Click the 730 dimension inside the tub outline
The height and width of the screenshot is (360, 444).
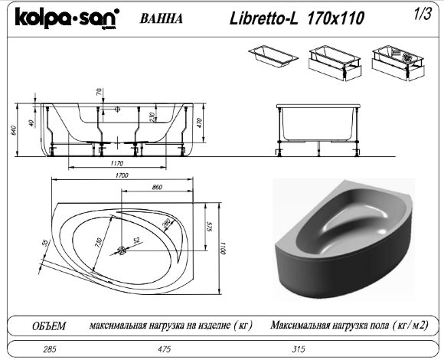(98, 244)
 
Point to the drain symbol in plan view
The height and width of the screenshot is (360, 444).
(122, 250)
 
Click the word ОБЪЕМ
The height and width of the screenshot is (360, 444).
(47, 326)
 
